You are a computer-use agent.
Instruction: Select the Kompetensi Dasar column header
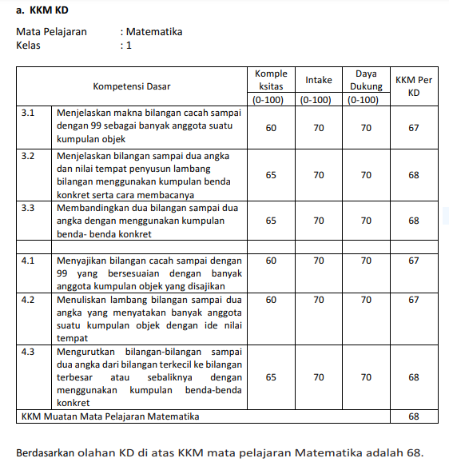pos(132,86)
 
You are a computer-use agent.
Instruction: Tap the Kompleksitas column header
pos(271,80)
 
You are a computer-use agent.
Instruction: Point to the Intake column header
pos(319,80)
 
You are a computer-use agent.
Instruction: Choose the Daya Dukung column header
pos(365,80)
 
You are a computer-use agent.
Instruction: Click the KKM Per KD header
pos(413,86)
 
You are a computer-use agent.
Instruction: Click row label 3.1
pos(29,114)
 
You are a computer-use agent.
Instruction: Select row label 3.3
pos(29,207)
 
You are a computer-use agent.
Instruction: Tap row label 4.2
pos(29,300)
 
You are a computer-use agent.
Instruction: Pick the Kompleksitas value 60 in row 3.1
pos(271,128)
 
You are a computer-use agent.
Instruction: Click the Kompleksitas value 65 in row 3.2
pos(271,174)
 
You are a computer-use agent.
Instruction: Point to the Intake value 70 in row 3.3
pos(319,221)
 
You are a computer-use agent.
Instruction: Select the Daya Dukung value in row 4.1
pos(365,261)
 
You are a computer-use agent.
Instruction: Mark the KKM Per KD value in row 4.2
pos(413,300)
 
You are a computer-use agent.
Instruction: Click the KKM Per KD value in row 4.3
pos(413,377)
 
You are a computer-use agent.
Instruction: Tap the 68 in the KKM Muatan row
pos(413,416)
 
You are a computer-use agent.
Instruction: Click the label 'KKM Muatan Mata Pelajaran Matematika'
pos(109,416)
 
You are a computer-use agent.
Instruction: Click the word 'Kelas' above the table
pos(29,46)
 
